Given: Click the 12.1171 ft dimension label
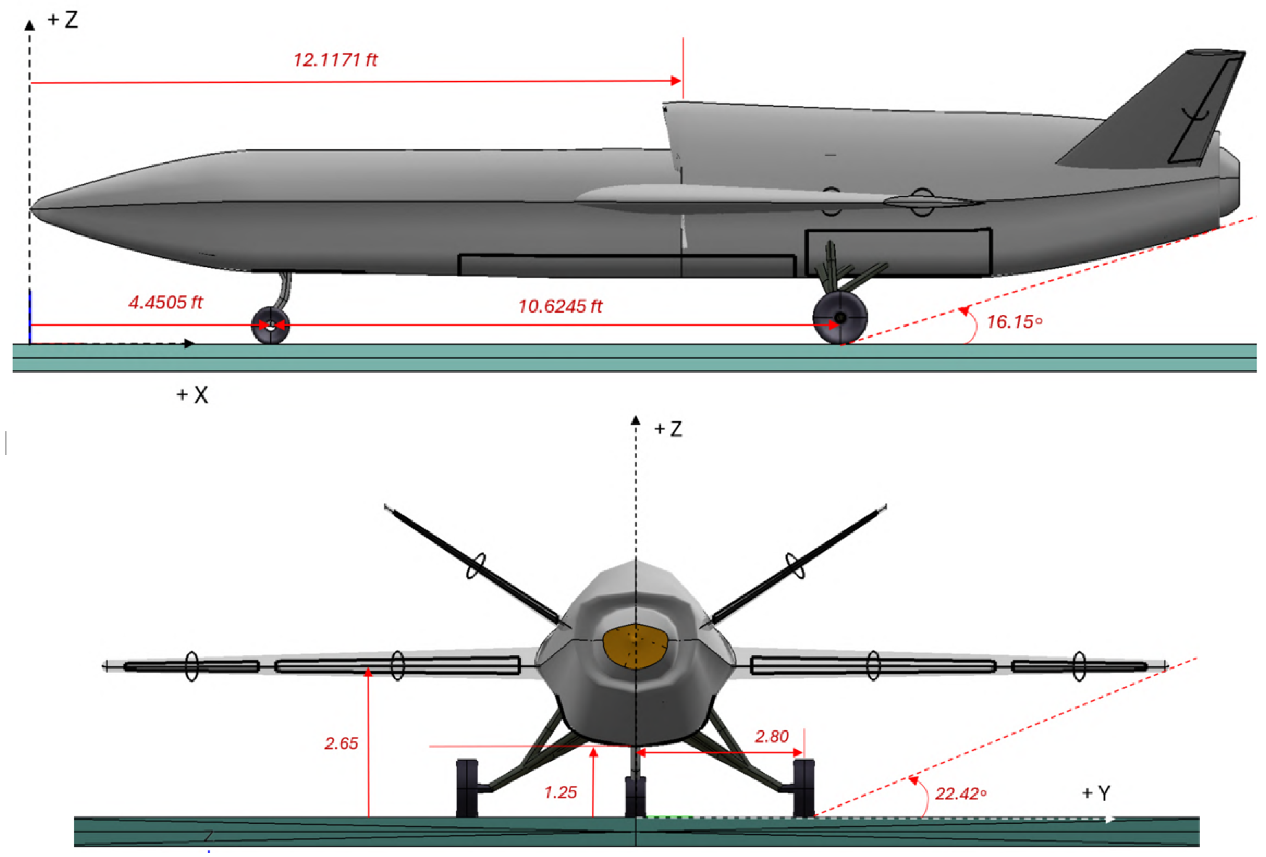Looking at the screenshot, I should (335, 59).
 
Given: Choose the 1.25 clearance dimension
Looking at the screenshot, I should (560, 792).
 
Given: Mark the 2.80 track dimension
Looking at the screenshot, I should (771, 736).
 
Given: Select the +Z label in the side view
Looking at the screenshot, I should (63, 20).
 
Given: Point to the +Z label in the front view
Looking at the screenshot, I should (668, 429).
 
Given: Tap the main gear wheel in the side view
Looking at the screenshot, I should (840, 318).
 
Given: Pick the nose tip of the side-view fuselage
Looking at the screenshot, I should (33, 208).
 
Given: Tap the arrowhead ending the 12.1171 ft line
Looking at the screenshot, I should (676, 81).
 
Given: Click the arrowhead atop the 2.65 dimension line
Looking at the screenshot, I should (368, 673).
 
